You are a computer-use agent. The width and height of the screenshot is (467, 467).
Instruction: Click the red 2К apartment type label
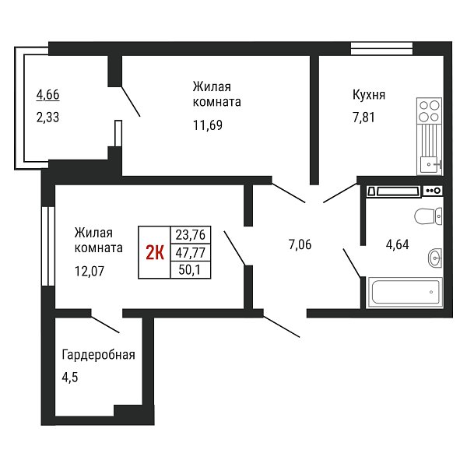[x=155, y=253]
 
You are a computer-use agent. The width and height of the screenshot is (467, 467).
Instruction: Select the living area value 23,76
[x=191, y=235]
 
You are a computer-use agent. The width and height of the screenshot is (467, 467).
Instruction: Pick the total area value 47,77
[x=191, y=253]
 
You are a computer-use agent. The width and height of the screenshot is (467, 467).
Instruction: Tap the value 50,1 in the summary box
[x=189, y=270]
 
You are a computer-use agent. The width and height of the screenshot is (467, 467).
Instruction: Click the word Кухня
[x=369, y=95]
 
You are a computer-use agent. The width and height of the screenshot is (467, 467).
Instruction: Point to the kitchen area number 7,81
[x=363, y=118]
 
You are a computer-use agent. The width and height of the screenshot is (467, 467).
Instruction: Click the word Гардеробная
[x=98, y=355]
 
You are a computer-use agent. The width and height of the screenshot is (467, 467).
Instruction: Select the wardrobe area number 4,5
[x=70, y=377]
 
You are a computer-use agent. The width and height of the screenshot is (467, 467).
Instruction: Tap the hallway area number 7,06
[x=300, y=244]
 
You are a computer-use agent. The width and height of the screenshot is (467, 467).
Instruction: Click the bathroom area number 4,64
[x=397, y=244]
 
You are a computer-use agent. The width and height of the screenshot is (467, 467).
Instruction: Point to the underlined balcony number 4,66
[x=47, y=95]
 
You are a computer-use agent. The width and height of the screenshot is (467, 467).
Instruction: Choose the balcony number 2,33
[x=47, y=118]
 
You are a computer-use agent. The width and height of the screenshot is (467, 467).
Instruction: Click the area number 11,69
[x=208, y=125]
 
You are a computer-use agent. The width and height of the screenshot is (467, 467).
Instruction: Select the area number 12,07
[x=90, y=272]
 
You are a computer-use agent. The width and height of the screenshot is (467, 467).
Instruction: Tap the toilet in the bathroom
[x=428, y=216]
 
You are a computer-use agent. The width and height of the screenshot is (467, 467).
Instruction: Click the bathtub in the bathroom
[x=406, y=292]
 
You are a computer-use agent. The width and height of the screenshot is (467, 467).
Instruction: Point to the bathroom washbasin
[x=435, y=258]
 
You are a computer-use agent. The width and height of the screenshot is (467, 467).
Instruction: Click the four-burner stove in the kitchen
[x=429, y=111]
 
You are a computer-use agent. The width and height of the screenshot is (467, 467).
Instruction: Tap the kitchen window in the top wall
[x=381, y=48]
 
